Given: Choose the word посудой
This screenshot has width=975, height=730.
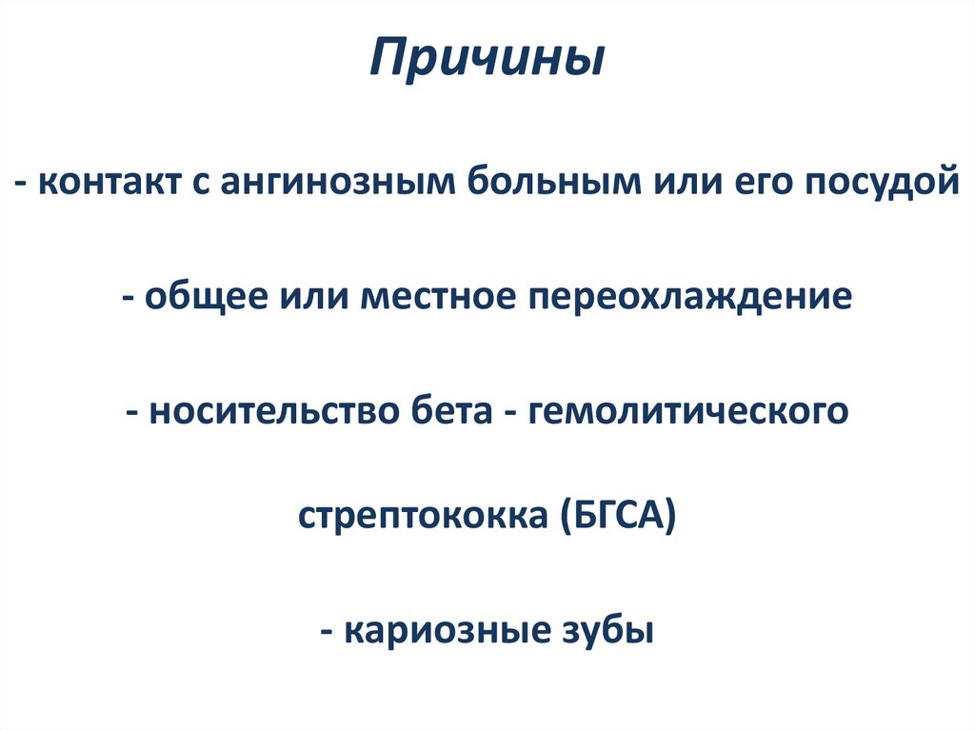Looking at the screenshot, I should coord(882,183).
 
